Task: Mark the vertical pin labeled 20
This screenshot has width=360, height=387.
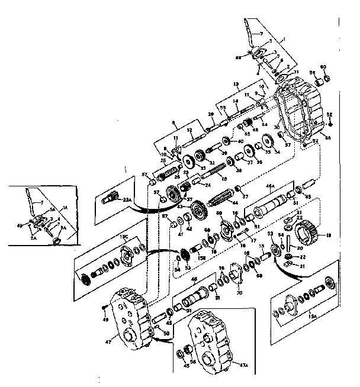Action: pos(288,244)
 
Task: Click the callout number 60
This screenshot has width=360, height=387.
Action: pos(323,66)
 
